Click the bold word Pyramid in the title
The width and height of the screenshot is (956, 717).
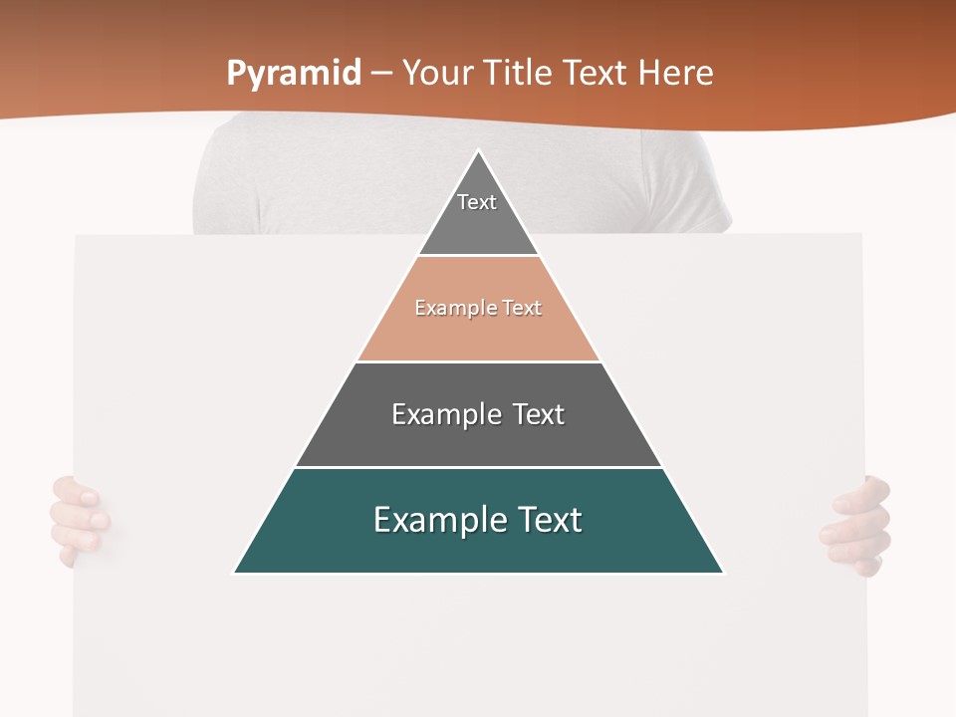click(294, 74)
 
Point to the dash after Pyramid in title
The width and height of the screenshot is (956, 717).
click(381, 74)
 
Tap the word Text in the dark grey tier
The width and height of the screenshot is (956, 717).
click(538, 414)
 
